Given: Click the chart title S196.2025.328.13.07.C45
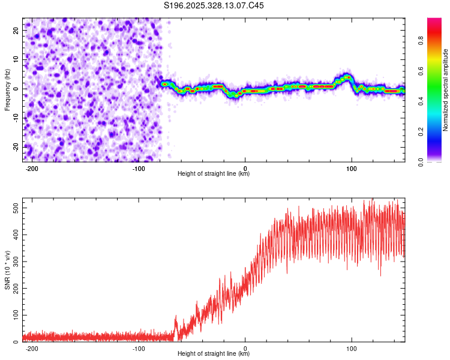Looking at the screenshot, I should point(214,5).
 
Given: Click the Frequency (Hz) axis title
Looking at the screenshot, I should point(7,89).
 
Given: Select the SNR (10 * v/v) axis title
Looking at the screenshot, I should point(7,270).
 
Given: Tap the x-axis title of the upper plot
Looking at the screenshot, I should point(214,173).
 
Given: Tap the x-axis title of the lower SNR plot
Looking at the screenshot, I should point(214,353).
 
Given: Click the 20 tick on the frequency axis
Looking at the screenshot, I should point(16,30).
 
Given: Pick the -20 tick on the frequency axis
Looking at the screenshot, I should point(15,147).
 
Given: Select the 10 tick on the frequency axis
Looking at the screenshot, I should point(16,59).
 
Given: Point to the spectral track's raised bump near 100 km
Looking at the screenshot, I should point(346,77).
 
